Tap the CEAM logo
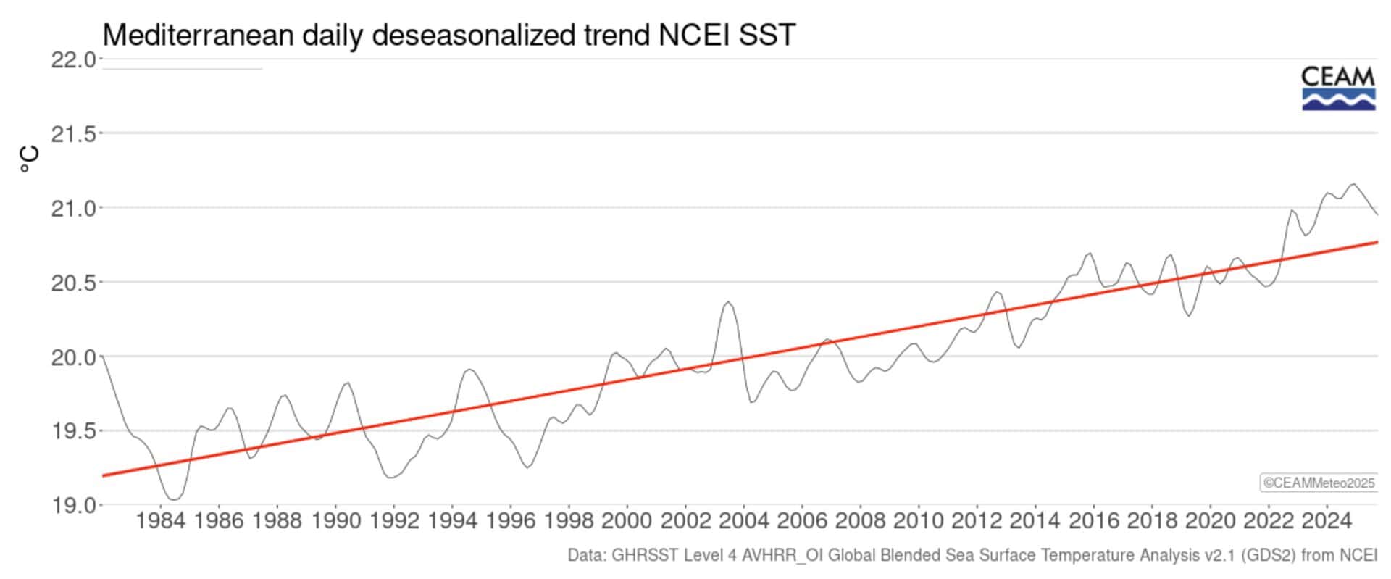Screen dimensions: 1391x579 point(1338,88)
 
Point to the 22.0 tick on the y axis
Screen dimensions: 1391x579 point(72,59)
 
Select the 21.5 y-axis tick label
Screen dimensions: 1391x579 point(72,134)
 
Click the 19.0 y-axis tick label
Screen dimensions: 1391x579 point(72,505)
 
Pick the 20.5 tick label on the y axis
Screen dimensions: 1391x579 point(72,283)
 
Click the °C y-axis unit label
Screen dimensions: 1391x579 point(29,159)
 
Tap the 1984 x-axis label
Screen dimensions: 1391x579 point(160,520)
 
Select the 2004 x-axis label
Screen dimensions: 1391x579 point(743,520)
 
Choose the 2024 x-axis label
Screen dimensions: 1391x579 point(1327,520)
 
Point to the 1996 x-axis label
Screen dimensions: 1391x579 point(510,520)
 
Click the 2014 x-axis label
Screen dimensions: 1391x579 point(1035,520)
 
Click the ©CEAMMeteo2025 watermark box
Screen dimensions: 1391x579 point(1319,483)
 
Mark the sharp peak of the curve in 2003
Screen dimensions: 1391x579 point(728,302)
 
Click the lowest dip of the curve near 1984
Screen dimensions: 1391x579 point(174,499)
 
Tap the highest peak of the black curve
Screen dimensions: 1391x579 point(1353,184)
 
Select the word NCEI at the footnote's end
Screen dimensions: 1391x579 point(1359,556)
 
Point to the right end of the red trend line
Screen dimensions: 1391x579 point(1377,242)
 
